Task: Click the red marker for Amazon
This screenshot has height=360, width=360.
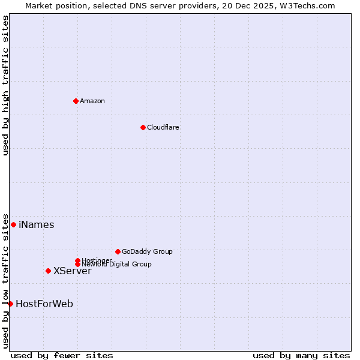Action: pos(76,101)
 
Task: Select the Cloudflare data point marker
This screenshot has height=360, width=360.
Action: pos(143,127)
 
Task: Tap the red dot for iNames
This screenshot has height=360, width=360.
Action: pos(13,224)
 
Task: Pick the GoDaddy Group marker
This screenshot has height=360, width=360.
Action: pos(118,251)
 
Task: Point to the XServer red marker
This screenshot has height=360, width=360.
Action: pos(48,271)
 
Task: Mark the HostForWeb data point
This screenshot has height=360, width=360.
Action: pos(10,304)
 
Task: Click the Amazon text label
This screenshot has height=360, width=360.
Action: pos(92,101)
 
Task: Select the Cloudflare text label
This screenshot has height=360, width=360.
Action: pos(163,127)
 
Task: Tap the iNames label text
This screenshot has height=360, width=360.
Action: pos(37,225)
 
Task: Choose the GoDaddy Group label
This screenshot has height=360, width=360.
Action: pos(147,251)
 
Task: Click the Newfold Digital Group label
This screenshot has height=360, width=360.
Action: pos(116,264)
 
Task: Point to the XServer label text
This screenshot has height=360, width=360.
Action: pos(73,271)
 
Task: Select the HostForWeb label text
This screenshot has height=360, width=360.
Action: pos(44,304)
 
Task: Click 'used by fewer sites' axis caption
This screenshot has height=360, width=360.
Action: pos(62,356)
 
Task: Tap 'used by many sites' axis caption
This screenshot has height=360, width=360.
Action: pos(301,356)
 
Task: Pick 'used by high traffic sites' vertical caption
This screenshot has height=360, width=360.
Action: pos(6,85)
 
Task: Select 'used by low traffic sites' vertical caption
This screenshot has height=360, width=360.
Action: pos(6,280)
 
